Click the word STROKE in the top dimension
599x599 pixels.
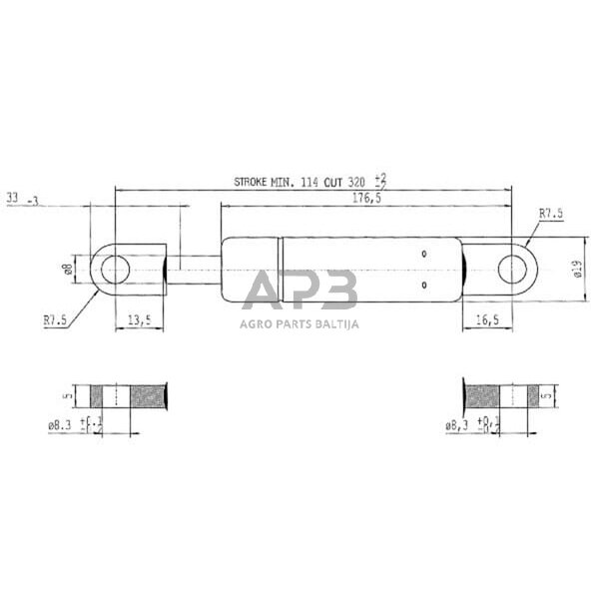tap(254, 182)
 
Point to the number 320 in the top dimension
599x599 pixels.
tap(355, 182)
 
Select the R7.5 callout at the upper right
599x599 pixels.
tap(551, 213)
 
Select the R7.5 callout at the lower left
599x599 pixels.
tap(55, 320)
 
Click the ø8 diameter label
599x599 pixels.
tap(68, 269)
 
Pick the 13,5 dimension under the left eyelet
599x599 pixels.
tap(140, 319)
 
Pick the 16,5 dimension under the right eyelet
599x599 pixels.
tap(486, 319)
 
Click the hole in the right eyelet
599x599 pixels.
tap(513, 269)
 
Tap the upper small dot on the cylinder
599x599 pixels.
tap(424, 254)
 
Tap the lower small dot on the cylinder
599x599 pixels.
tap(424, 285)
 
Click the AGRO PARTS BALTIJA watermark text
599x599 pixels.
tap(299, 323)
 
